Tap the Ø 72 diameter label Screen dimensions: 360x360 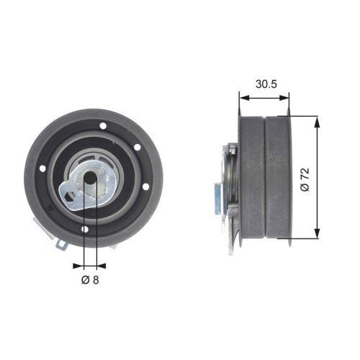pos(305,178)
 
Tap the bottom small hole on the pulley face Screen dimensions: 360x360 pos(85,230)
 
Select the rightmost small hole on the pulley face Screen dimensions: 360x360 pos(146,189)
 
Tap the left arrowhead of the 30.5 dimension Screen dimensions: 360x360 pos(241,95)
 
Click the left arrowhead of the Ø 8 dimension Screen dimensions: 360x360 pos(81,261)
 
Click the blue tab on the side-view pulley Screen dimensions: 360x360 pos(217,194)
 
